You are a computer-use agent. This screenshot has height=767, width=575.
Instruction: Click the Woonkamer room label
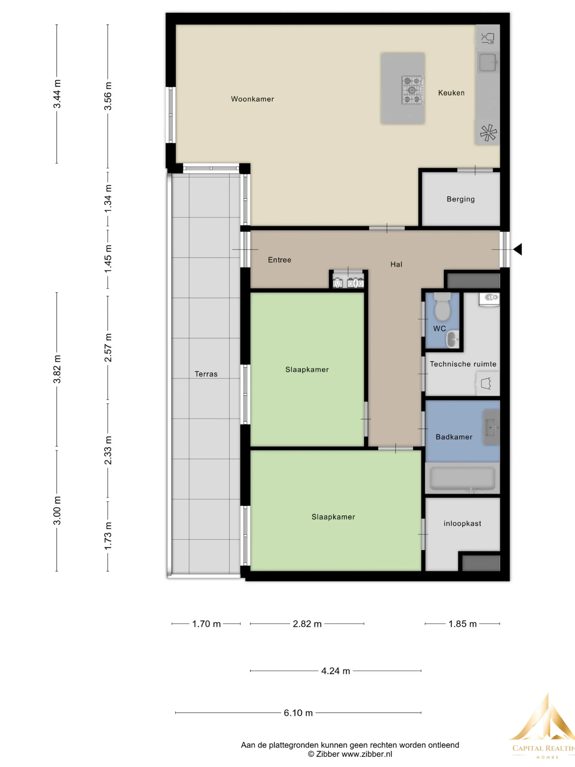(252, 99)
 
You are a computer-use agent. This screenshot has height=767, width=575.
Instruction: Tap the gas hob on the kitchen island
(412, 90)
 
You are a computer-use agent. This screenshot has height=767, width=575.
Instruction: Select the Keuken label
(451, 93)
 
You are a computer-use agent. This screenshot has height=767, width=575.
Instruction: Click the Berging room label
(461, 199)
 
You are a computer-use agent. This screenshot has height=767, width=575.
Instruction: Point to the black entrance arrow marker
(518, 249)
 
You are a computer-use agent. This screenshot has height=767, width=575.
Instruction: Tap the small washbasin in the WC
(452, 339)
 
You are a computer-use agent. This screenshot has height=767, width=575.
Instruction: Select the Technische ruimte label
(463, 364)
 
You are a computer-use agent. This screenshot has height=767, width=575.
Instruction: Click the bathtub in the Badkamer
(462, 478)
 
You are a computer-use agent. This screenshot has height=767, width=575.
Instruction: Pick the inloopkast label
(462, 524)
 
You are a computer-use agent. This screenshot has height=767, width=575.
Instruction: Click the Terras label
(206, 374)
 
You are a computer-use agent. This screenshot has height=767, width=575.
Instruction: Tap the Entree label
(279, 260)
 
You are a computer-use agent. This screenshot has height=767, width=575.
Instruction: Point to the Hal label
(396, 265)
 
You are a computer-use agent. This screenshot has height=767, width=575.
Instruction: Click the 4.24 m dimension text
(335, 671)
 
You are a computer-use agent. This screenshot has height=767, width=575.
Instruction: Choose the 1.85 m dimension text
(462, 624)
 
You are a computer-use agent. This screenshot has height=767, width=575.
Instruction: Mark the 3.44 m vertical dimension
(57, 93)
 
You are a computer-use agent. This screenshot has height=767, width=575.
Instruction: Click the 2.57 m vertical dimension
(108, 348)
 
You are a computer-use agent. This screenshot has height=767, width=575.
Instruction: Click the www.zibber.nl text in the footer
(367, 754)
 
